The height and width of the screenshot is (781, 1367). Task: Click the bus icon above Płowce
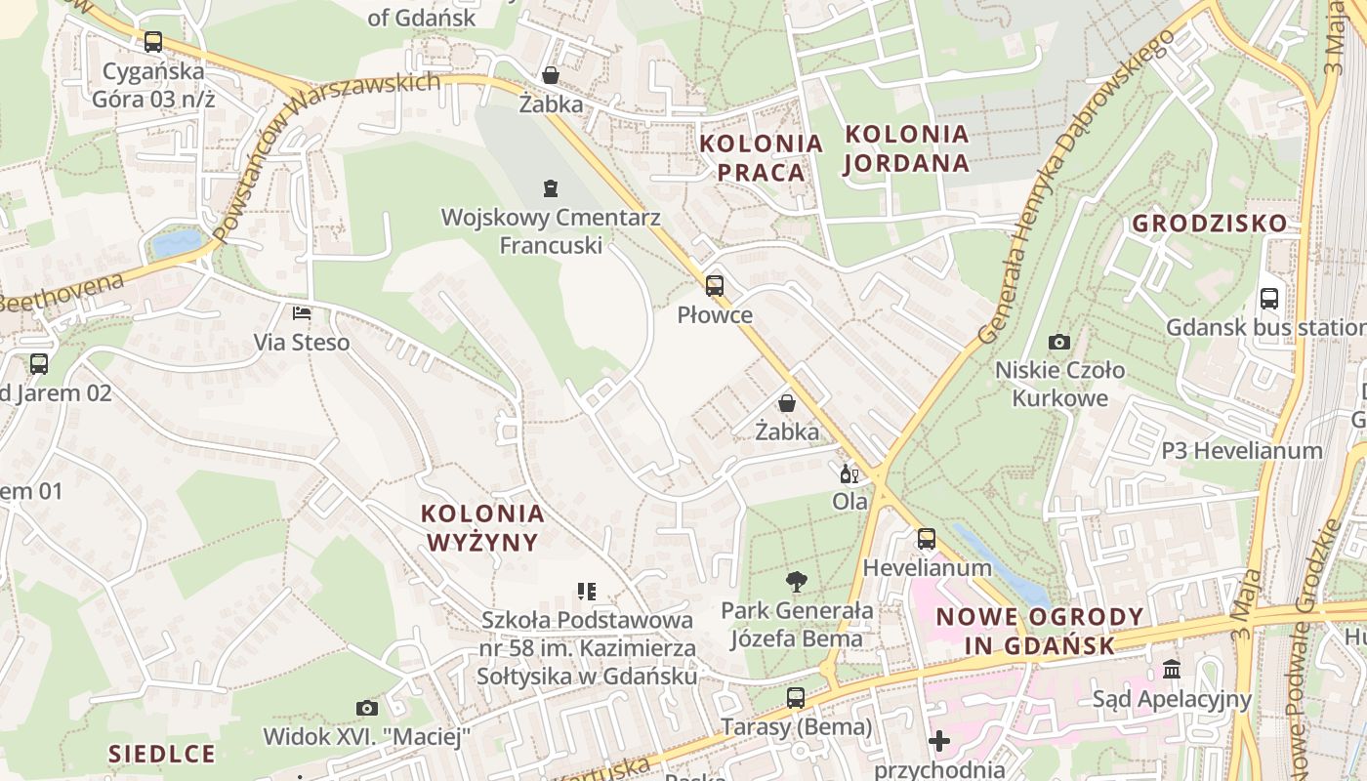pyautogui.click(x=715, y=286)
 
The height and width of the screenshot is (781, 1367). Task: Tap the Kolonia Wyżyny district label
pyautogui.click(x=482, y=527)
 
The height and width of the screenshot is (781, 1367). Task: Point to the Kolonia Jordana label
pyautogui.click(x=907, y=148)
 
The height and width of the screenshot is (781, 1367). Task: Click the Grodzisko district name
pyautogui.click(x=1210, y=224)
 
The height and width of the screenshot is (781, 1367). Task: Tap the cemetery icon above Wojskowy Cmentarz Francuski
pyautogui.click(x=551, y=187)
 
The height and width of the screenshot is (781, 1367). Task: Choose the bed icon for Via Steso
pyautogui.click(x=302, y=313)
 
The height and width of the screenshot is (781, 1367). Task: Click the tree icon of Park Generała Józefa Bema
pyautogui.click(x=797, y=582)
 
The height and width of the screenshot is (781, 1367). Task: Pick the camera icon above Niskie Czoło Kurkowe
pyautogui.click(x=1059, y=342)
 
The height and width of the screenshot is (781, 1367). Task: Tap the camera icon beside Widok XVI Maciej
pyautogui.click(x=367, y=708)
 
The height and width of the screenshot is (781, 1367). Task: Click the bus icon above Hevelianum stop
pyautogui.click(x=926, y=538)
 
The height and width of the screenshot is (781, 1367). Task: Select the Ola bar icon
pyautogui.click(x=849, y=474)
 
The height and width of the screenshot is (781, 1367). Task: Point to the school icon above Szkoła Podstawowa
pyautogui.click(x=587, y=591)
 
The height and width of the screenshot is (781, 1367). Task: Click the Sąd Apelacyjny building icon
pyautogui.click(x=1172, y=670)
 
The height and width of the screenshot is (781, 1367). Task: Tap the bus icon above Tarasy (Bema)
pyautogui.click(x=796, y=698)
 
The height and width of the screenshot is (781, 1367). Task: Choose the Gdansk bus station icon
pyautogui.click(x=1269, y=299)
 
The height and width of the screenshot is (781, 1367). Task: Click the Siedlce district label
pyautogui.click(x=161, y=754)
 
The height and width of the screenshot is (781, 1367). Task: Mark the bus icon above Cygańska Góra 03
pyautogui.click(x=153, y=42)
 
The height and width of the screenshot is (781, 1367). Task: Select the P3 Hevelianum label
pyautogui.click(x=1241, y=451)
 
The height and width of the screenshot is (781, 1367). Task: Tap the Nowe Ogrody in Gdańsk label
pyautogui.click(x=1040, y=631)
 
